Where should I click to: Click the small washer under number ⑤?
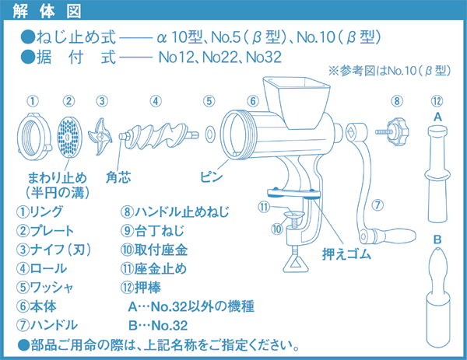click(209, 136)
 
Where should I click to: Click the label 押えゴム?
click(346, 254)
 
